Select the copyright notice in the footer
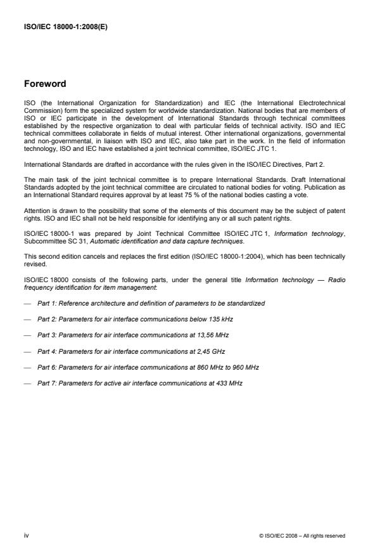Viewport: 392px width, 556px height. pyautogui.click(x=303, y=536)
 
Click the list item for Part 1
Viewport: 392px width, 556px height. pyautogui.click(x=151, y=304)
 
